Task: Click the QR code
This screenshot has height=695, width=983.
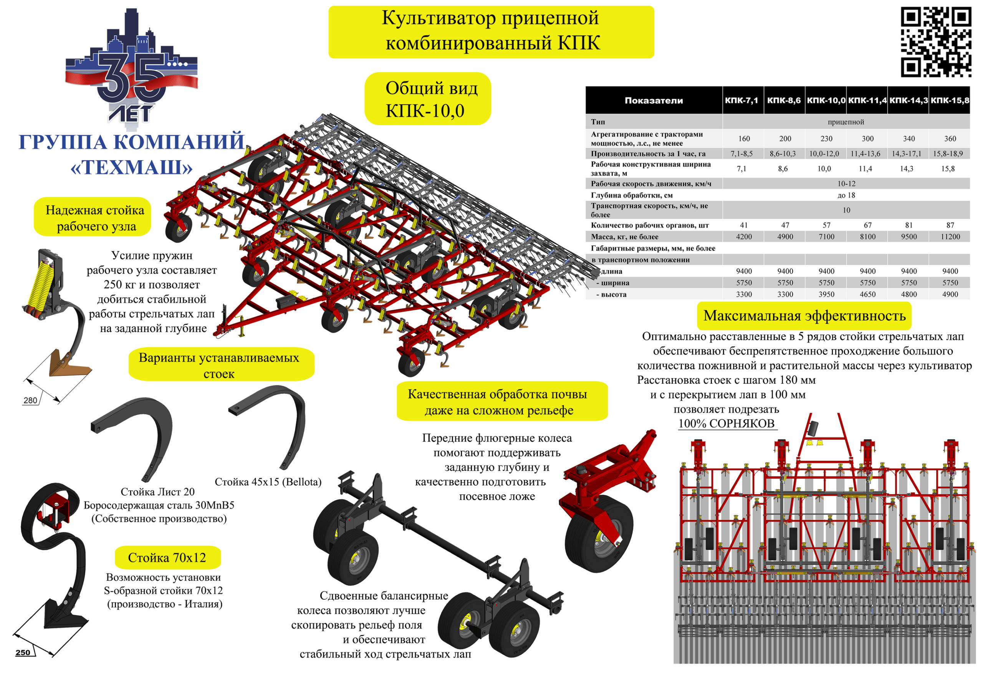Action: pyautogui.click(x=936, y=42)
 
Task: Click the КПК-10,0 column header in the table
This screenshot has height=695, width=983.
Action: pyautogui.click(x=826, y=101)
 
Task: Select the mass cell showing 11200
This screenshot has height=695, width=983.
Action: pyautogui.click(x=950, y=237)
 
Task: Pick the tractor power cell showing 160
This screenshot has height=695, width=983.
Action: pyautogui.click(x=744, y=139)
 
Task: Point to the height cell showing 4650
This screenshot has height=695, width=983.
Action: pyautogui.click(x=867, y=295)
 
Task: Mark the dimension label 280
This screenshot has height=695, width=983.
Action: pyautogui.click(x=30, y=400)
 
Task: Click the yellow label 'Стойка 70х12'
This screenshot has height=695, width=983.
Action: pyautogui.click(x=167, y=558)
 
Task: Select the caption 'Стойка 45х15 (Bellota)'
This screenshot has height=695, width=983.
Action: pyautogui.click(x=268, y=482)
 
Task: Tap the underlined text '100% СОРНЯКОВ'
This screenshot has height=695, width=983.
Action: pyautogui.click(x=726, y=424)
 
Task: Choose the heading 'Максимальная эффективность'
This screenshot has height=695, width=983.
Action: pyautogui.click(x=804, y=316)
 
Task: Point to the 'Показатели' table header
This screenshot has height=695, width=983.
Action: pyautogui.click(x=654, y=101)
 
